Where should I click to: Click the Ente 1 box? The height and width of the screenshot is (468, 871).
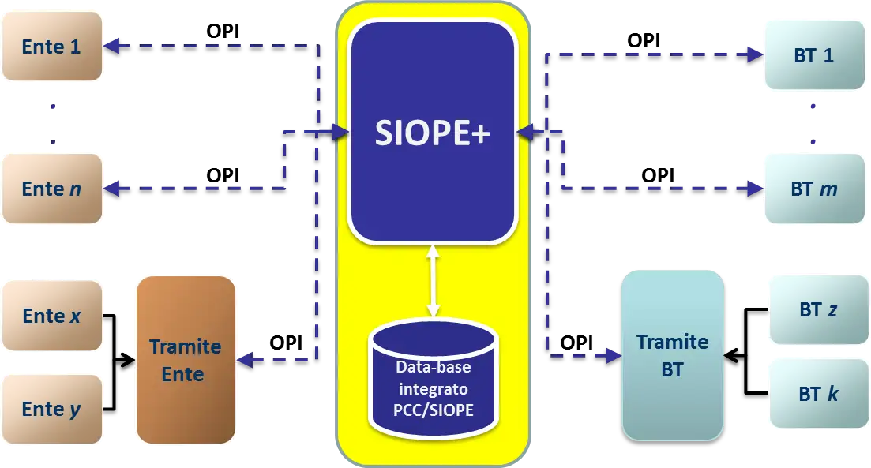point(52,47)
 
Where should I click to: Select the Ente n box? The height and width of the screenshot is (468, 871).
point(52,189)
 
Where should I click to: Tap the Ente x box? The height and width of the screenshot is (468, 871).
point(52,316)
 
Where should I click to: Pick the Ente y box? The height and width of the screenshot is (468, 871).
point(52,409)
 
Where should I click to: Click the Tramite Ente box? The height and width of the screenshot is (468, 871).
point(186,359)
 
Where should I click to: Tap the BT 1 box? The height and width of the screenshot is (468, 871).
point(814,56)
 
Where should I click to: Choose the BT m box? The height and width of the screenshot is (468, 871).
point(814,189)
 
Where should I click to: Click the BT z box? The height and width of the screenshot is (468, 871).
point(818,309)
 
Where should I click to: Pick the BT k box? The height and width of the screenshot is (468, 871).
point(818,393)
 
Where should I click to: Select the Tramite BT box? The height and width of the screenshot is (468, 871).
point(672,355)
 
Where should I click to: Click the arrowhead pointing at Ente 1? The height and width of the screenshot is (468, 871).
point(113,46)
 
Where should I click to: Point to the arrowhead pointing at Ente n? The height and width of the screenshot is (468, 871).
point(113,188)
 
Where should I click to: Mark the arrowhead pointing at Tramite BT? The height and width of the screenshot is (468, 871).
point(614,356)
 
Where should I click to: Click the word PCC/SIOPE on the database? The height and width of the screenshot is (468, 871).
point(434,410)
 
